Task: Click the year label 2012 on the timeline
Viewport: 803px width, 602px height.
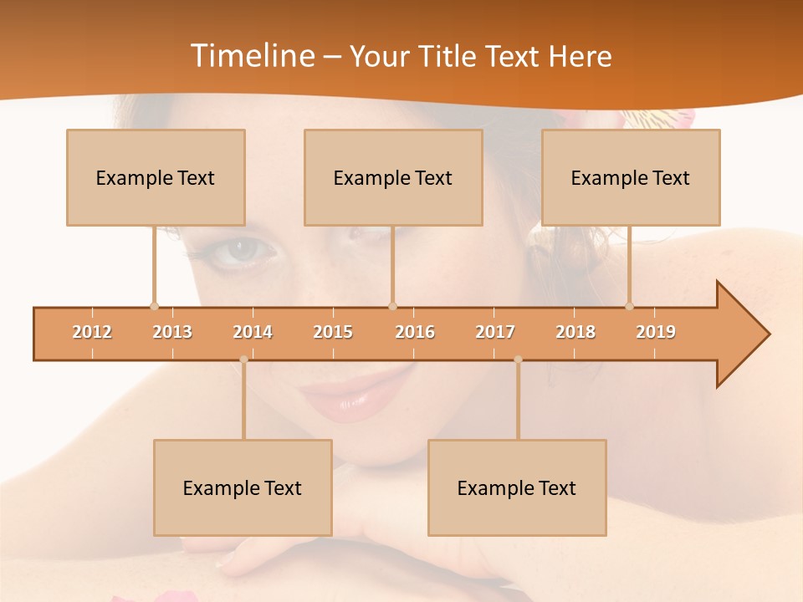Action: pos(92,333)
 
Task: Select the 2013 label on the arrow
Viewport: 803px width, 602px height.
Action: pos(172,333)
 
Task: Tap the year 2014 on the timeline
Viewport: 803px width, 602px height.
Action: pos(253,333)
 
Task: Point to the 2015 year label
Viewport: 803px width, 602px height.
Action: pos(333,333)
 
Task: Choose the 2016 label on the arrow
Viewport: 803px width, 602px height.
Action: pos(415,333)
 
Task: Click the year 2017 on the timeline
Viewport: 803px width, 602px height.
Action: pos(495,333)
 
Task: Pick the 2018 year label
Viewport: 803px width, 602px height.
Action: pos(575,333)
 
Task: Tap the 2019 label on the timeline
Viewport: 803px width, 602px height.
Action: pos(656,333)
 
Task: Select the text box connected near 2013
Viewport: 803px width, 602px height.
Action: pos(156,177)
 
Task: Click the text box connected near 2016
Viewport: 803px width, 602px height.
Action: pos(393,177)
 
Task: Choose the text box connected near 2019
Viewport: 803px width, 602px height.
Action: pos(631,177)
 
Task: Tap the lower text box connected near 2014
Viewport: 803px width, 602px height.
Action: pos(243,487)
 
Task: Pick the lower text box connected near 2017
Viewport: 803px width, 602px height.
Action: pos(517,487)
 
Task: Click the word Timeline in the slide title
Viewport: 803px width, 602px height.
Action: pos(251,56)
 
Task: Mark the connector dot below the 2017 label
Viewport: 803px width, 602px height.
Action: pos(518,360)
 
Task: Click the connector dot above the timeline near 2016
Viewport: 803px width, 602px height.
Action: pos(392,306)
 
